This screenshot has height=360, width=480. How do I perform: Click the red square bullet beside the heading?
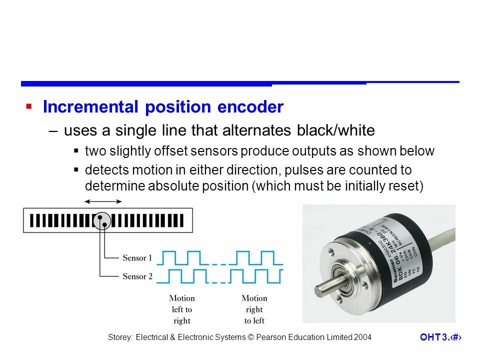click(x=28, y=106)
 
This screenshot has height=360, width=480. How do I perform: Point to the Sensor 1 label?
click(x=137, y=258)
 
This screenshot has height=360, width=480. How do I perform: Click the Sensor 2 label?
click(x=137, y=276)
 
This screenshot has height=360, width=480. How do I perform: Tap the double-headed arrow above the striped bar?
click(x=103, y=201)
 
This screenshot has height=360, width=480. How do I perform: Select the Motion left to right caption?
click(x=181, y=309)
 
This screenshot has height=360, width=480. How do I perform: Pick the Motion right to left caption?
click(x=254, y=309)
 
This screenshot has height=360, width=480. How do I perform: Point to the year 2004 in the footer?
click(x=363, y=337)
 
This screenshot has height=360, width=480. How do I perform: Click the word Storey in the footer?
click(x=120, y=337)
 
